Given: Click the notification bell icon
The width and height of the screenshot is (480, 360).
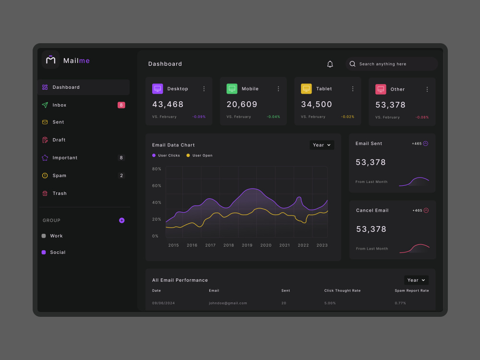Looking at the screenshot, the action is [330, 64].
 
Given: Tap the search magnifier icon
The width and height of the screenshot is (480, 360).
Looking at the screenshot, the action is [352, 64].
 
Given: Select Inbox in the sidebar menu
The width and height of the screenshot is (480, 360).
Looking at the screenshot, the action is [59, 105].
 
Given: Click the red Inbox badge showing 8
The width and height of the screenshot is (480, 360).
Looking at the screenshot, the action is [121, 105].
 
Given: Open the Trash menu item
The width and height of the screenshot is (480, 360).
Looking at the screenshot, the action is [60, 193].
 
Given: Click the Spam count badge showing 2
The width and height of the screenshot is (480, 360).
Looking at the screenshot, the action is [121, 175].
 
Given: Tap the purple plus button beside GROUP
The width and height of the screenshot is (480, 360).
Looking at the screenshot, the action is [121, 220].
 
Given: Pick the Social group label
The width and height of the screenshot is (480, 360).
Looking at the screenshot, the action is [58, 252].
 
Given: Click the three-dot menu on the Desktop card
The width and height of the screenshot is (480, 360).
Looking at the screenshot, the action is [204, 89].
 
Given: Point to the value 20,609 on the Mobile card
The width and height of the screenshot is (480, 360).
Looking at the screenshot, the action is [242, 104].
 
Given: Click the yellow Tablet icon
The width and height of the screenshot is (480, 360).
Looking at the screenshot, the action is [306, 89].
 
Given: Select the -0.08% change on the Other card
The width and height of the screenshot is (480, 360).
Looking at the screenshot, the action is [422, 117].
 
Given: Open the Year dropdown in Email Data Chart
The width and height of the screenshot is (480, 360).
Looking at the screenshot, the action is [322, 145].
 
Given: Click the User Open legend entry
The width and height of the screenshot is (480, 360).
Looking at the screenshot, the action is [199, 156].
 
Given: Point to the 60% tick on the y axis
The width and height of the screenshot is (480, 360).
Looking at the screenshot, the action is [156, 186].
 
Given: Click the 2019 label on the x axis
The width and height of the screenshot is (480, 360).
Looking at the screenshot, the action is [247, 245].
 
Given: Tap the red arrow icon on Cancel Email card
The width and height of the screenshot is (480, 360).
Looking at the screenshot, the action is [426, 210].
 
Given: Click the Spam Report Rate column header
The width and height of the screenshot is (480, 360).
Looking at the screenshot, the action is [412, 290].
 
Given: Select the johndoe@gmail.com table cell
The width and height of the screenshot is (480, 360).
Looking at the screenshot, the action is [228, 303].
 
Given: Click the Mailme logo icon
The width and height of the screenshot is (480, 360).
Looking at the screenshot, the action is [50, 60].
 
